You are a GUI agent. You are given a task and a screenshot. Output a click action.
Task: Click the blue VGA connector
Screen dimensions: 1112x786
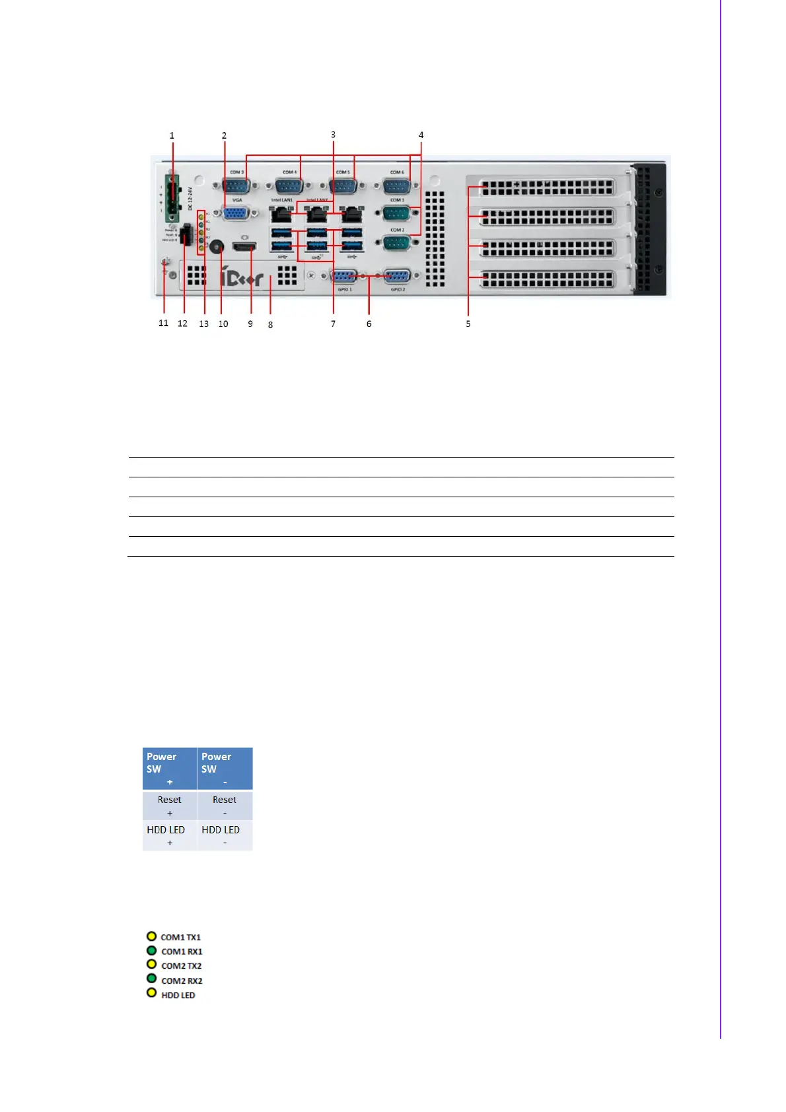[x=236, y=213]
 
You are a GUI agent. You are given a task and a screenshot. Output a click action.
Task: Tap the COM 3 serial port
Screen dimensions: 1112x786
[x=236, y=186]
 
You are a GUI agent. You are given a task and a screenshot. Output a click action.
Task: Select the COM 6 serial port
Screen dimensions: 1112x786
[x=396, y=186]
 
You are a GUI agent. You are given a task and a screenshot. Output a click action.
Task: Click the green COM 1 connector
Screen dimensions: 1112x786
[x=396, y=213]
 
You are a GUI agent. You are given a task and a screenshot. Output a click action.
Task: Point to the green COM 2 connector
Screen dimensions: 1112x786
[x=396, y=242]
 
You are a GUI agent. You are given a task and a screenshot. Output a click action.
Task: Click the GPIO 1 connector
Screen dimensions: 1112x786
[x=344, y=276]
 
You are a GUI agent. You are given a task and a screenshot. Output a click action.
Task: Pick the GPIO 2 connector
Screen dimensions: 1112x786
[x=396, y=276]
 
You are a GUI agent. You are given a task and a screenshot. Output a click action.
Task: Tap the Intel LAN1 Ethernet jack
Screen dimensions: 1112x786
[x=282, y=214]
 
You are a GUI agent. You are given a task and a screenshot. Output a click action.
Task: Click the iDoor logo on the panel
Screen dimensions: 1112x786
[x=241, y=277]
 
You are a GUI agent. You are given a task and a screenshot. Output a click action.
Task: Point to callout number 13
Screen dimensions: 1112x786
[x=203, y=324]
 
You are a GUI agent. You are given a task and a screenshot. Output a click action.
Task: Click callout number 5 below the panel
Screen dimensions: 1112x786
[x=468, y=324]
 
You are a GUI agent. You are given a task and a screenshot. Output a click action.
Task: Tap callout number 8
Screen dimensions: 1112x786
[x=270, y=325]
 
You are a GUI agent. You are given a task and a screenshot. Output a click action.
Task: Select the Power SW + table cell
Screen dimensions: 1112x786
[x=170, y=769]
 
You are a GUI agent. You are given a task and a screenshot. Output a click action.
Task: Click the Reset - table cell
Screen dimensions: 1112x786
[x=225, y=806]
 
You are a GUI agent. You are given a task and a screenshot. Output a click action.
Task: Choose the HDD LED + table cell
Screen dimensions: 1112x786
[x=170, y=835]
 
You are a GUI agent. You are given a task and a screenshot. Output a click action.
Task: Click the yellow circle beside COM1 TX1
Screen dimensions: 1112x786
[x=151, y=936]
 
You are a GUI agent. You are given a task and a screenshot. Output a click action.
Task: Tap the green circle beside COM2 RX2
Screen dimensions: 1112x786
[x=151, y=979]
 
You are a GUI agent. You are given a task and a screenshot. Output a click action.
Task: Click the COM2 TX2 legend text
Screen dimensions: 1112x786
[x=182, y=966]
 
